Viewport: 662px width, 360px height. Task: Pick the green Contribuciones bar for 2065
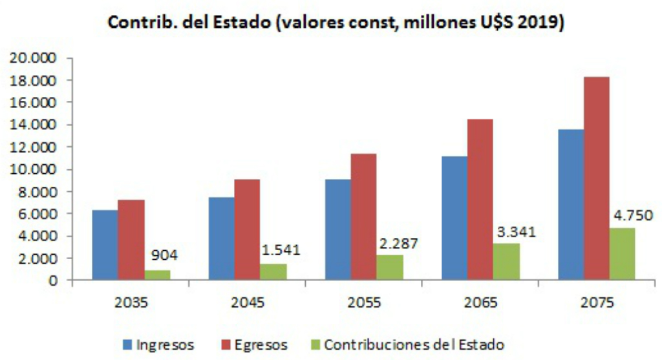[506, 262]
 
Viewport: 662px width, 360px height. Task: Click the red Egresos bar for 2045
[247, 230]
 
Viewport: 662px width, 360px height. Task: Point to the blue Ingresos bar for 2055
[337, 230]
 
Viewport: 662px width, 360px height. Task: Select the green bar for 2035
[156, 275]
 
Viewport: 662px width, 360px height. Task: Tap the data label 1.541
[280, 249]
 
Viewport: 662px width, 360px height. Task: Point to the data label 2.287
[397, 244]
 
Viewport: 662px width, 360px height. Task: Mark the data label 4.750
[630, 215]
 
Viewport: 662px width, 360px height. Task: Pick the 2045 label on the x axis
[247, 302]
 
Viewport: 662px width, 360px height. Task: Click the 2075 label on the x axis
[596, 302]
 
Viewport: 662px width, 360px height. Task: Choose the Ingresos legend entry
[158, 344]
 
